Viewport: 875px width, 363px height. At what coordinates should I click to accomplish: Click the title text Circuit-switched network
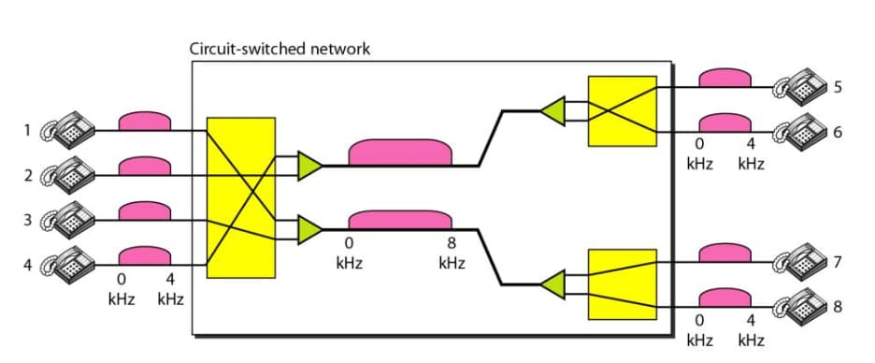[280, 49]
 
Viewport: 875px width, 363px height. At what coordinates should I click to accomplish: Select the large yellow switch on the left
[240, 197]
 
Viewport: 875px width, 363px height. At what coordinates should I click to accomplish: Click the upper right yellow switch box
[622, 111]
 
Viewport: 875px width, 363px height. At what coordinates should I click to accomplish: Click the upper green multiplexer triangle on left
[309, 166]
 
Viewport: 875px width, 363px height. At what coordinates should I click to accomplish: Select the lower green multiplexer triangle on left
[309, 229]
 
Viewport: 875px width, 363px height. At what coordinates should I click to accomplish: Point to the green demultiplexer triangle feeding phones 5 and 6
[553, 110]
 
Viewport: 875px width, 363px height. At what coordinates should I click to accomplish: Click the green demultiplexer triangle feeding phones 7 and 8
[553, 283]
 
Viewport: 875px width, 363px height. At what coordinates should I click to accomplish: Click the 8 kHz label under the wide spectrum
[452, 254]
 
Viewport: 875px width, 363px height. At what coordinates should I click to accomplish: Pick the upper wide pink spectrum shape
[400, 152]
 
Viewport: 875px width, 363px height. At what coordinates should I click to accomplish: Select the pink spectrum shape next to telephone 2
[145, 167]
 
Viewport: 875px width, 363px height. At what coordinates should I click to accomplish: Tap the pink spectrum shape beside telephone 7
[725, 253]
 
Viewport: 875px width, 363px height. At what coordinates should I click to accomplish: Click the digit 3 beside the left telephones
[29, 221]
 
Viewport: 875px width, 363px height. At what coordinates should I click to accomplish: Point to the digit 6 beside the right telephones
[838, 131]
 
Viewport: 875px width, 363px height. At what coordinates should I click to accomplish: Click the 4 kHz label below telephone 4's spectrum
[170, 290]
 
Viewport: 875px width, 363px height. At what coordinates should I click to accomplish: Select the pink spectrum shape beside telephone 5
[725, 79]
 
